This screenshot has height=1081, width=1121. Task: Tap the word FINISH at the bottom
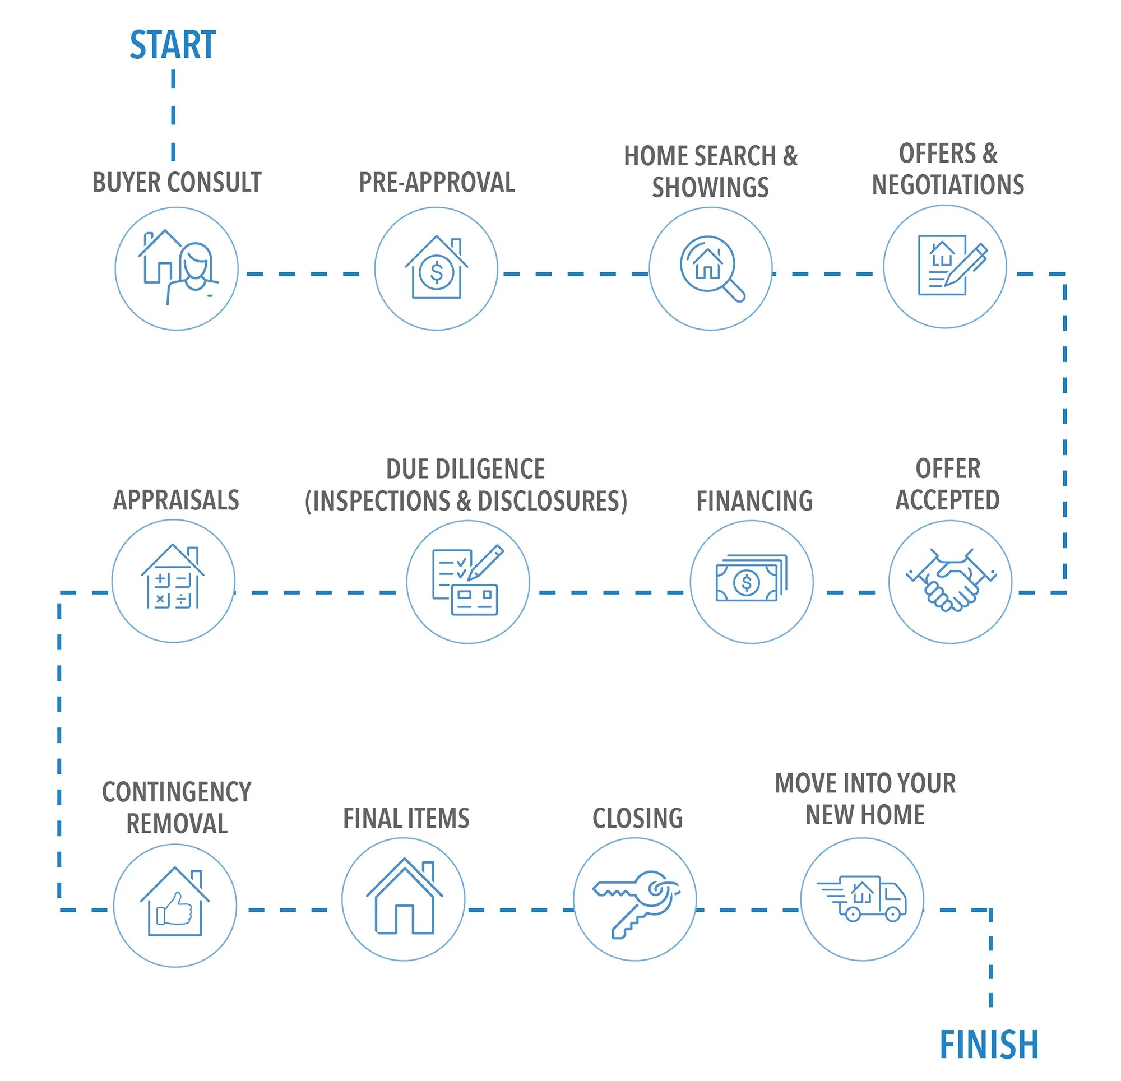[x=989, y=1045]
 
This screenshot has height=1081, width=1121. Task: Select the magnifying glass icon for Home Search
[x=711, y=268]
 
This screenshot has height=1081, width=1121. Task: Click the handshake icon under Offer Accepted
[x=951, y=581]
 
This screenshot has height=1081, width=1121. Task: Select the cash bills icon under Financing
[x=752, y=578]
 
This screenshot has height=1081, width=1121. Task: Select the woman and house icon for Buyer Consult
[x=178, y=267]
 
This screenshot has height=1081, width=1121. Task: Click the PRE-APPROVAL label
[x=437, y=183]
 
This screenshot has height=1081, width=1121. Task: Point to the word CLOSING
[x=638, y=819]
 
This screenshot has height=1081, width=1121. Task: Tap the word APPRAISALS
[x=176, y=500]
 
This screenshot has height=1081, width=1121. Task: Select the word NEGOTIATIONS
[x=948, y=185]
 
